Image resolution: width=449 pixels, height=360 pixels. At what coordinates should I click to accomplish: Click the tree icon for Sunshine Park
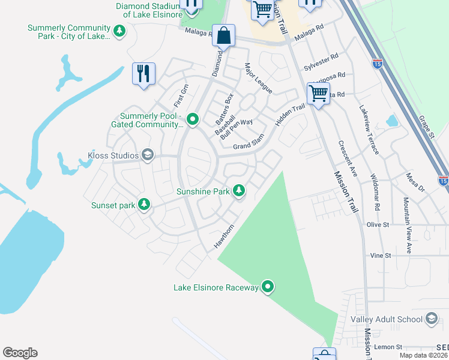click(239, 191)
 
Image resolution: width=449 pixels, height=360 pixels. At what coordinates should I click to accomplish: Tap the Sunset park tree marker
click(144, 205)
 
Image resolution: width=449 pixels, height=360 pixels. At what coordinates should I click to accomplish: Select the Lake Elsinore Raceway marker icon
click(268, 287)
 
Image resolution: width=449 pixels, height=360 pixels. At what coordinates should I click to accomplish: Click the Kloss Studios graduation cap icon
click(148, 156)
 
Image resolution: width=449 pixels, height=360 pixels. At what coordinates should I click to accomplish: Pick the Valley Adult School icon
click(431, 319)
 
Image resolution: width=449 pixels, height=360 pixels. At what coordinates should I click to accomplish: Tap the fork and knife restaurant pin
click(143, 74)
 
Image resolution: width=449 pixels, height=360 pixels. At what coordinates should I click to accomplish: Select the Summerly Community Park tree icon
click(119, 31)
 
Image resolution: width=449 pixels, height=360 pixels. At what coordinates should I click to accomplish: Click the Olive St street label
click(378, 224)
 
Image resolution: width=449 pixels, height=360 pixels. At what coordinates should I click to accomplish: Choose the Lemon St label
click(388, 347)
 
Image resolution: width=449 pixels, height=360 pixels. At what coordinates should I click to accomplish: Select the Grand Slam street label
click(249, 146)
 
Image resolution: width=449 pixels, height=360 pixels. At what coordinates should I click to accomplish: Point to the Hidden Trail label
click(290, 115)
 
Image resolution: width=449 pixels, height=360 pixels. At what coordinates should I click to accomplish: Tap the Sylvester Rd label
click(321, 65)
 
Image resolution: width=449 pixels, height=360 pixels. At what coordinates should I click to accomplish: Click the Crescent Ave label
click(348, 158)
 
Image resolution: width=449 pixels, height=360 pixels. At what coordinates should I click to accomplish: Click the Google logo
click(20, 353)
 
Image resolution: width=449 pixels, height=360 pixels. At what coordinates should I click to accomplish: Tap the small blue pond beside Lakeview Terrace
click(392, 121)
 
